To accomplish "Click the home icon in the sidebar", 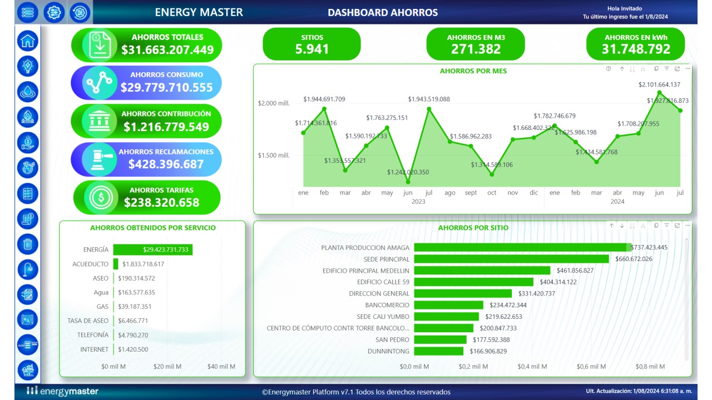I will pos(28,41).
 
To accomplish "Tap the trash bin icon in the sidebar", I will pos(28,243).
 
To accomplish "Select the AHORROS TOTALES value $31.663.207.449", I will pos(167,50).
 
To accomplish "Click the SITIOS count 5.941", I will pos(312,49).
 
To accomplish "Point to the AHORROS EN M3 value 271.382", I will pos(476,49).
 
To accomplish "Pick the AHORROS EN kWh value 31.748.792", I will pos(636,49).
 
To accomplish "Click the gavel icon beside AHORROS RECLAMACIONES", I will pos(100,159).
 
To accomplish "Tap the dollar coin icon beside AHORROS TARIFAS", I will pos(101,197).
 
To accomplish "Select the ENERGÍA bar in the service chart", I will pos(152,250).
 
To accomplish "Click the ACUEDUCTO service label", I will pos(90,264).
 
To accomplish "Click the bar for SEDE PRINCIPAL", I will pos(511,259).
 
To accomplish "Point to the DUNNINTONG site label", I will pos(388,351).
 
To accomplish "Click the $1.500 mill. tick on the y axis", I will pos(273,156).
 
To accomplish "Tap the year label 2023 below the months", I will pos(418,202).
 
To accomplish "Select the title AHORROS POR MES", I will pos(473,71).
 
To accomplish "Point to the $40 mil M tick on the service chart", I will pos(221,367).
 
